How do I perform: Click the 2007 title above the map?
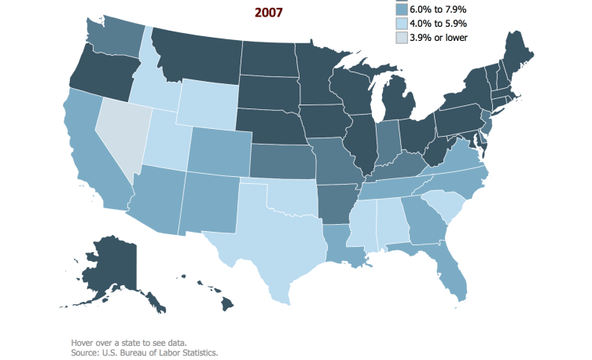pyautogui.click(x=269, y=12)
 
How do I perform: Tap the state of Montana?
pyautogui.click(x=197, y=51)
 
